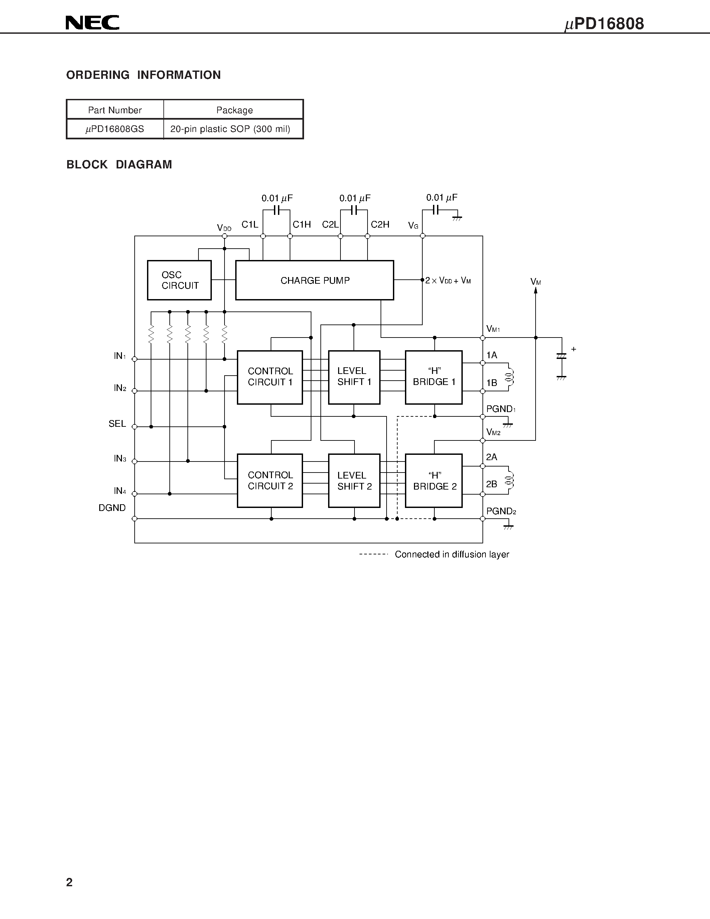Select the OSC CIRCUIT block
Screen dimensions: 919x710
(179, 280)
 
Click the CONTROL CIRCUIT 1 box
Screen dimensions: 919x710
(270, 377)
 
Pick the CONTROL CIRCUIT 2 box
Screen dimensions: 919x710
(270, 481)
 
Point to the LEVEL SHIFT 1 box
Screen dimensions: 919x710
(354, 377)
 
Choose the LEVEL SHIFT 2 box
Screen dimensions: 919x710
(354, 481)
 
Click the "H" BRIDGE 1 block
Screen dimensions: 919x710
(434, 377)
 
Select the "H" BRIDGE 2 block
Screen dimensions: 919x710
(434, 481)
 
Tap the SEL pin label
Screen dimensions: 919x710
(117, 424)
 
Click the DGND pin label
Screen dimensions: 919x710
(112, 508)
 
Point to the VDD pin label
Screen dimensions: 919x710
(224, 228)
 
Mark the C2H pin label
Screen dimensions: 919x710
(380, 225)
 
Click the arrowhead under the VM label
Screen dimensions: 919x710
(536, 290)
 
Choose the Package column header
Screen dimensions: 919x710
(234, 110)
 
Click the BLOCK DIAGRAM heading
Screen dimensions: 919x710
(119, 164)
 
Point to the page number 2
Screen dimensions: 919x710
(69, 882)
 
